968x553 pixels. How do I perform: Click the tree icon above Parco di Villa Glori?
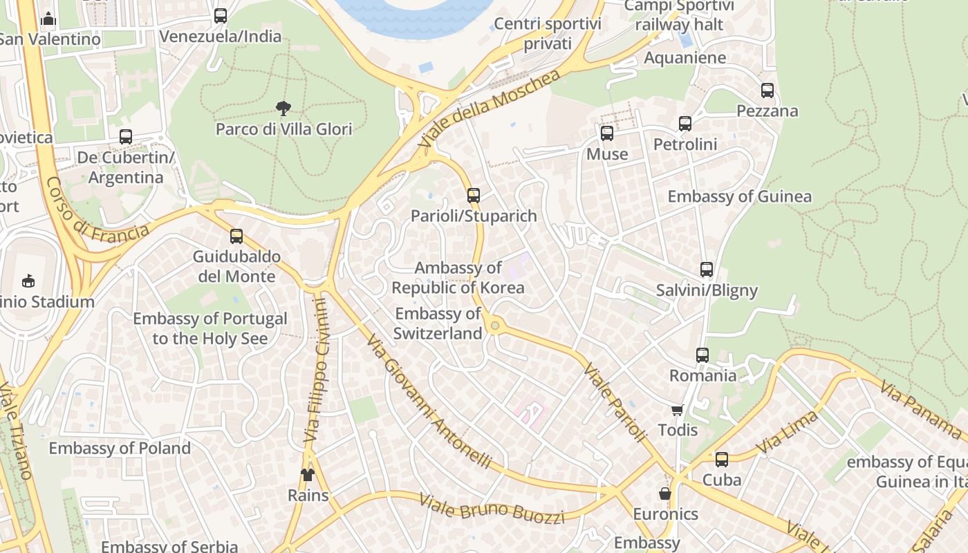tap(283, 108)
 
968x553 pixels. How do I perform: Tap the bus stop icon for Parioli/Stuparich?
tap(474, 195)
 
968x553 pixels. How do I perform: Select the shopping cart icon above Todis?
tap(678, 410)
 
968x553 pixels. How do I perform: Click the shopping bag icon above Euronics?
tap(665, 494)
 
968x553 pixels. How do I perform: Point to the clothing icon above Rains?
tap(308, 474)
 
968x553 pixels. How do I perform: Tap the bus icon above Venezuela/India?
tap(221, 15)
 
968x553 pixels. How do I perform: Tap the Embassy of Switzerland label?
tap(438, 324)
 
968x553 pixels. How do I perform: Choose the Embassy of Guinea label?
tap(739, 196)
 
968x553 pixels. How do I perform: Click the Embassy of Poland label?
tap(120, 448)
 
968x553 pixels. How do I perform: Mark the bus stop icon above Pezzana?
tap(767, 90)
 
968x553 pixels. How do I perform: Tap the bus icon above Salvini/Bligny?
tap(706, 270)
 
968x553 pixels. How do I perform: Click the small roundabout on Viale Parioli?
tap(494, 325)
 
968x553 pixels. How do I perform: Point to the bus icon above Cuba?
tap(722, 459)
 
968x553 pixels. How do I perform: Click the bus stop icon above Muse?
tap(607, 133)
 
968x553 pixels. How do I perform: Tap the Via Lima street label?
tap(788, 433)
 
